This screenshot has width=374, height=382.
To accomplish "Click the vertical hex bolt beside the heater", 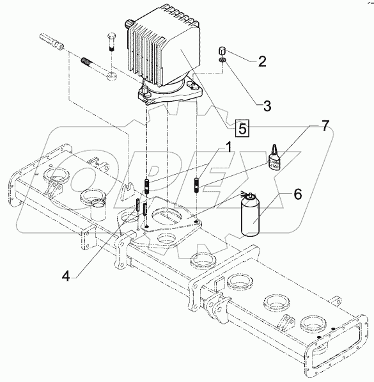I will pyautogui.click(x=111, y=50).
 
